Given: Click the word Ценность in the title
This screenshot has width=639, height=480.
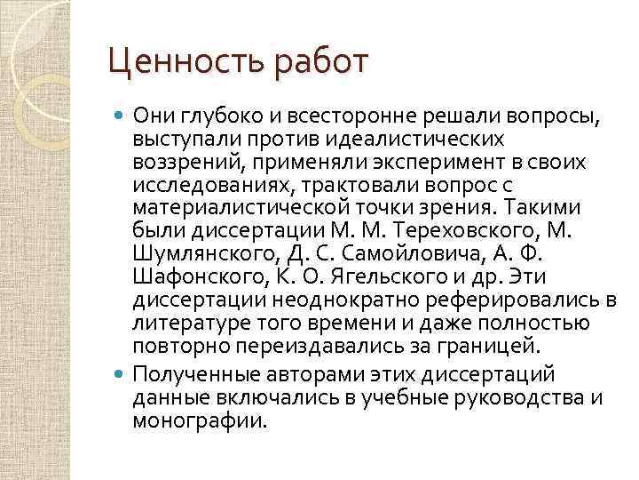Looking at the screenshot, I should (165, 64).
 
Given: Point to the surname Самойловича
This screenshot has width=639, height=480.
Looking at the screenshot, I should (401, 253).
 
